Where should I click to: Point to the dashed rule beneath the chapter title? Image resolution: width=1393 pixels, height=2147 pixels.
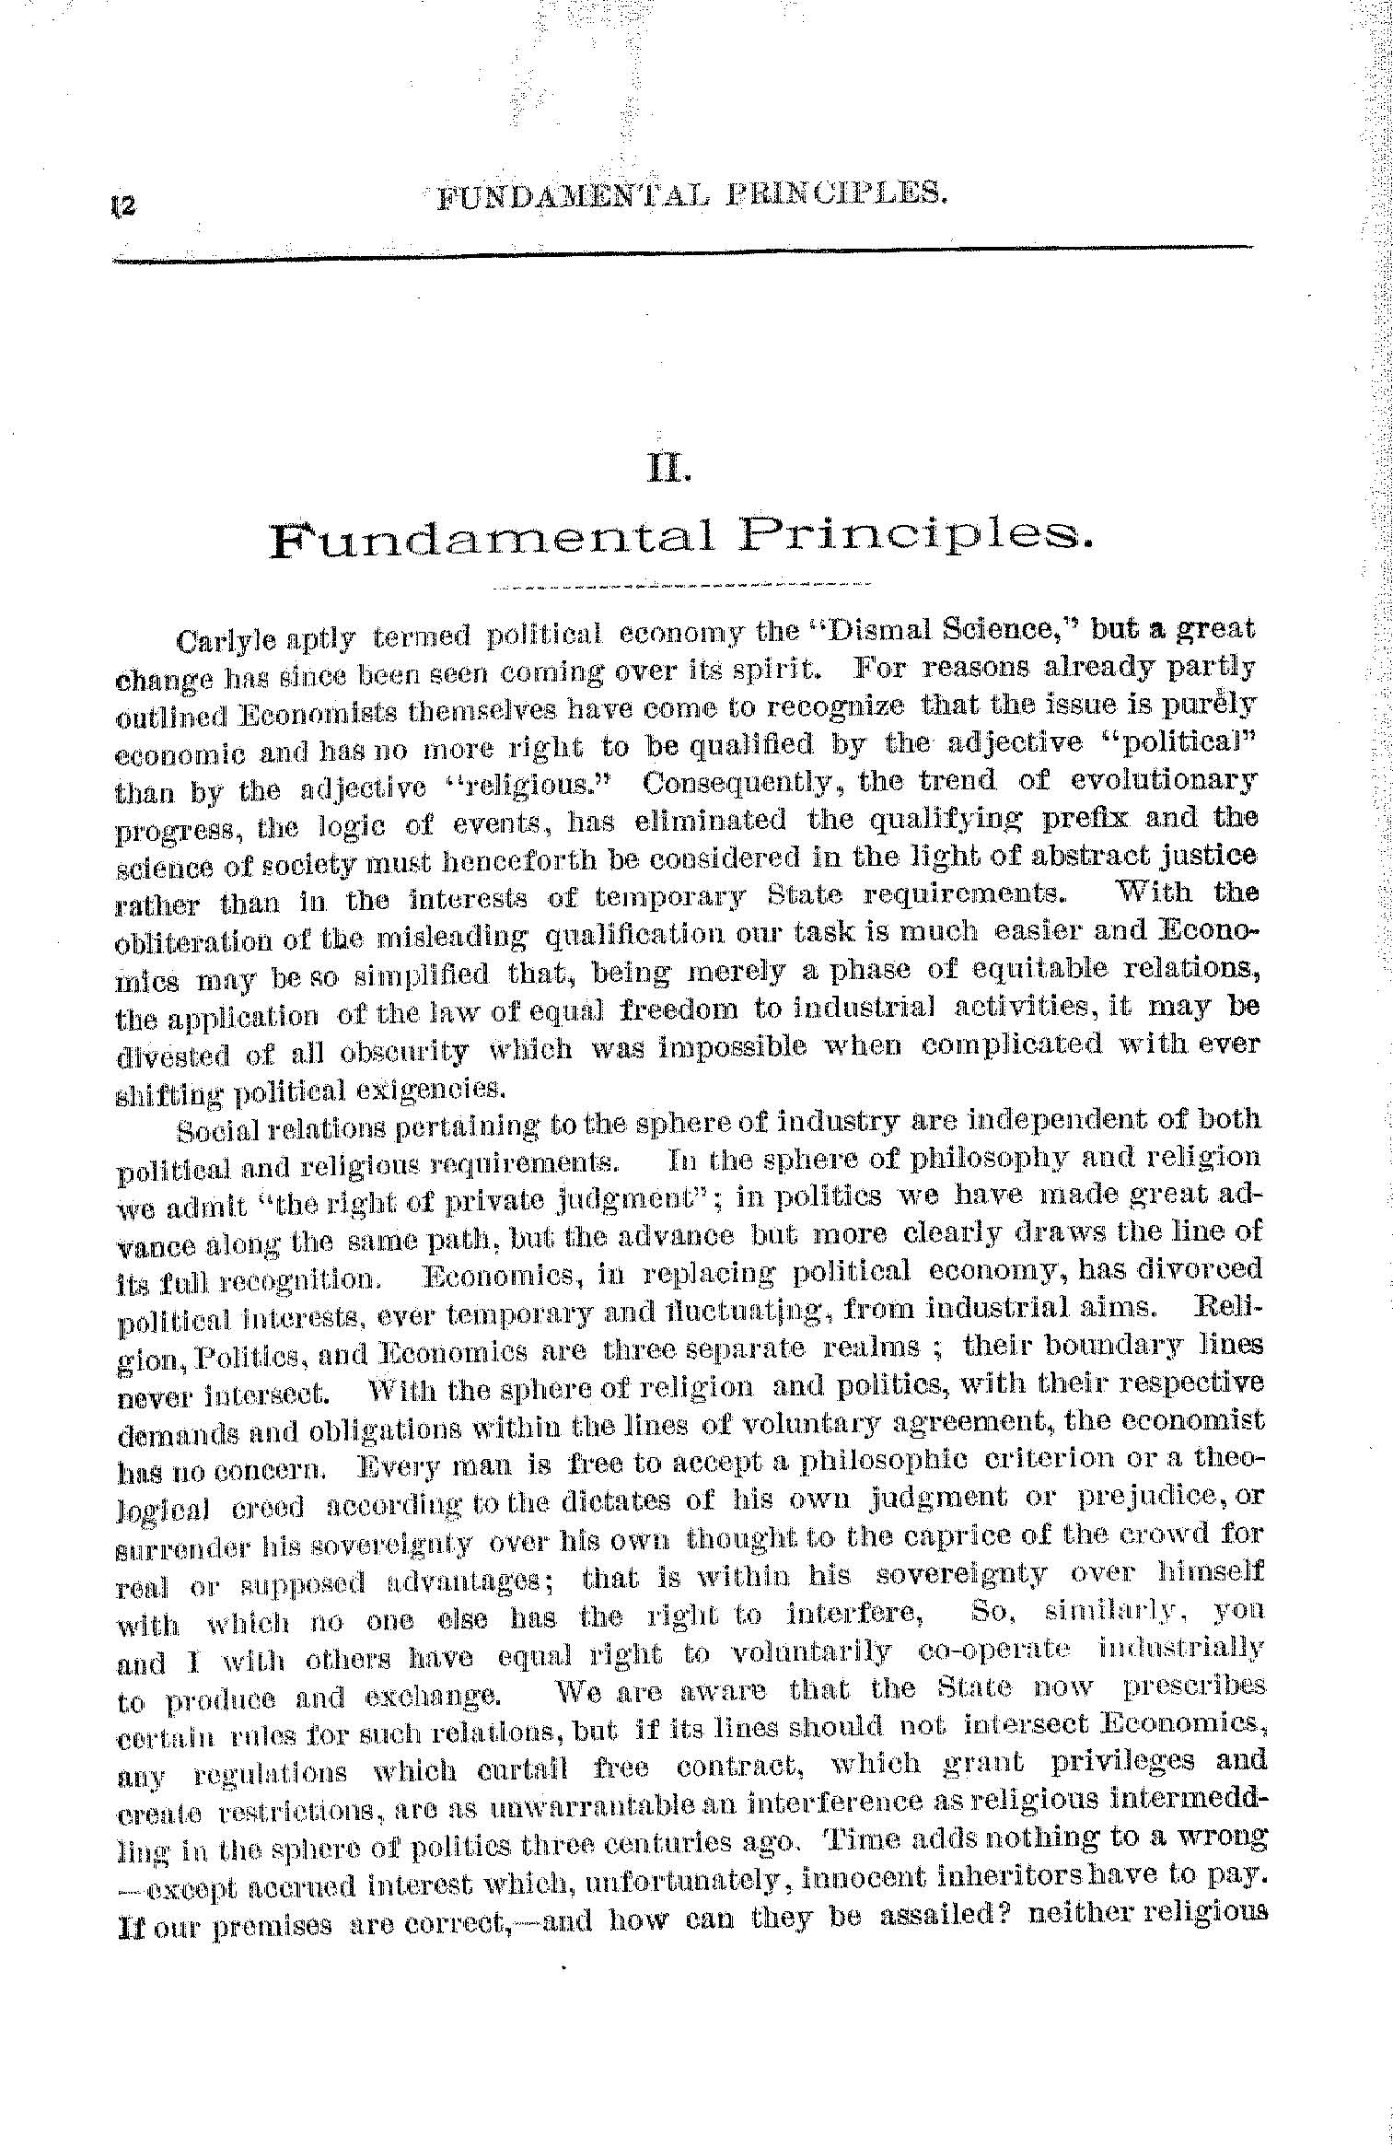(x=681, y=585)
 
